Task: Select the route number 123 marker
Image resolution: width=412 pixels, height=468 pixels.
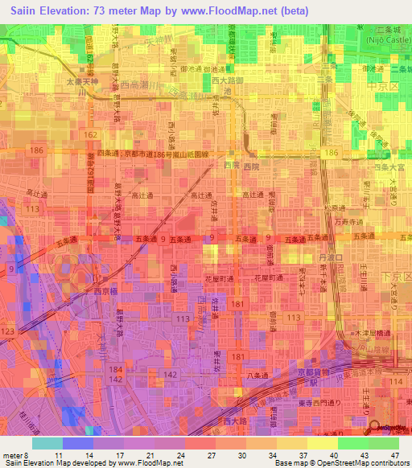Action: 9,330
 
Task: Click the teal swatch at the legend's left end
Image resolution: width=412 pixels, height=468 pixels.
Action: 47,443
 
